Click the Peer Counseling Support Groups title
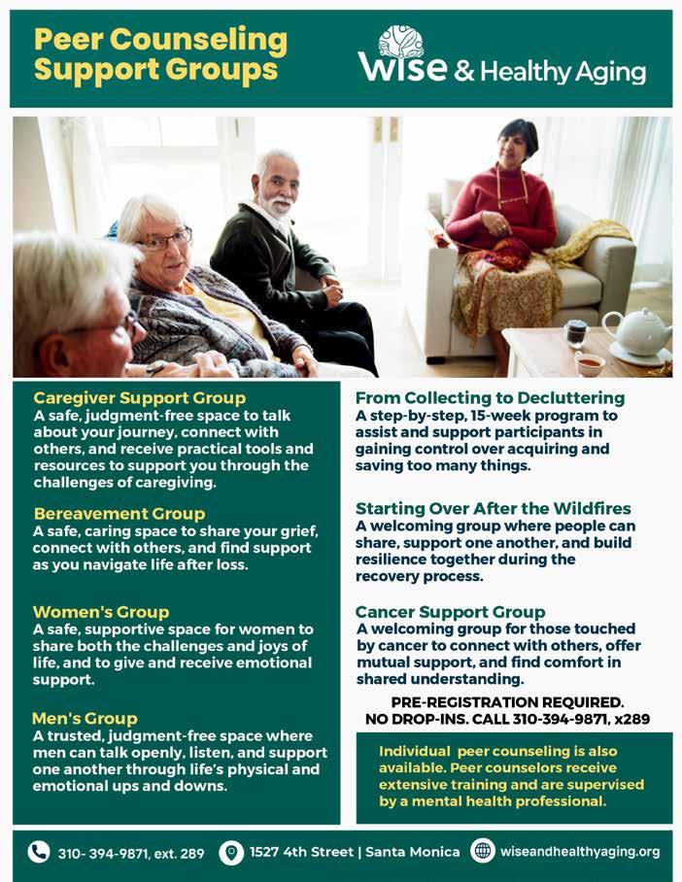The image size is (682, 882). tap(160, 54)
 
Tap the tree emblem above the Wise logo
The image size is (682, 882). tap(401, 42)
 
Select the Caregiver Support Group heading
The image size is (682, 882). tap(139, 397)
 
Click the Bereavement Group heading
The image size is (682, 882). tap(119, 513)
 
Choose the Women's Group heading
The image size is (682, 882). tap(101, 612)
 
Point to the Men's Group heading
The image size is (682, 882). tap(85, 719)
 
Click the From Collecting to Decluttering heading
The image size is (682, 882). tap(490, 398)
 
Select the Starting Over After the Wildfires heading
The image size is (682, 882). tap(494, 508)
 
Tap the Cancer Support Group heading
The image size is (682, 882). tap(450, 612)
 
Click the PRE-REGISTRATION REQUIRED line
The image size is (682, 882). tap(507, 702)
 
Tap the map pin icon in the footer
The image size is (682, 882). tap(230, 852)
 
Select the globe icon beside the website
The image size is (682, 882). tap(482, 851)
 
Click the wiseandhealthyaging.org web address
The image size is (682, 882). tap(580, 852)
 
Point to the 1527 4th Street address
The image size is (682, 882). tap(355, 852)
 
